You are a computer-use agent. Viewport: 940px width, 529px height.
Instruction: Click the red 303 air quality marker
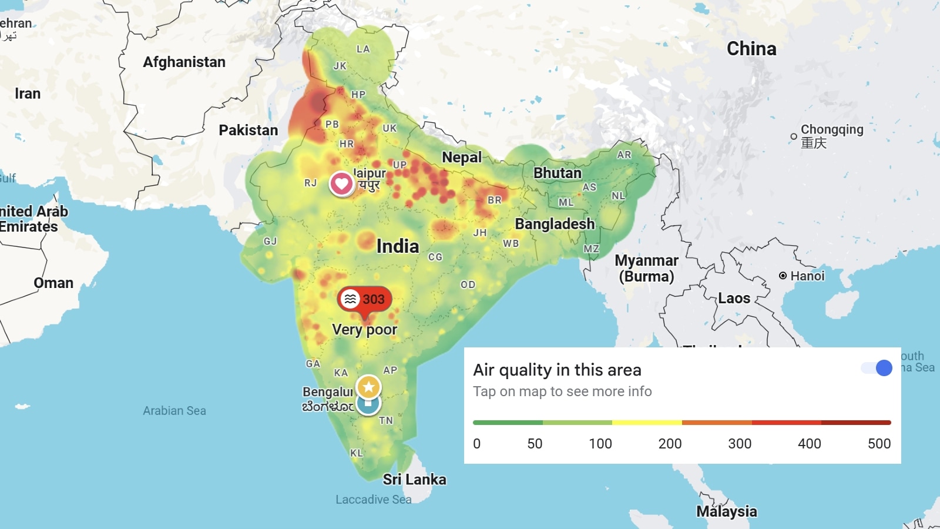364,299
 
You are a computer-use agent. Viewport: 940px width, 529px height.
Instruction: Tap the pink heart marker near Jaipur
341,184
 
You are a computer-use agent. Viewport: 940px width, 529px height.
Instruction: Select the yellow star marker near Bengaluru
368,387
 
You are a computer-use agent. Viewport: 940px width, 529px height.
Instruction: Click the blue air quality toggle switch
877,368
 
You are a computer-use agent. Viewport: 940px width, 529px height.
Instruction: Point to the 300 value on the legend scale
739,444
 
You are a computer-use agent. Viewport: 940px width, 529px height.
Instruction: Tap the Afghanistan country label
184,62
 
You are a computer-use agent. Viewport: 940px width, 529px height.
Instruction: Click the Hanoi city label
807,276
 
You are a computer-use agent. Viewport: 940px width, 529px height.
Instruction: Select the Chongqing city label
831,130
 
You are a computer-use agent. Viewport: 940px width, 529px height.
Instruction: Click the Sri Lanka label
414,480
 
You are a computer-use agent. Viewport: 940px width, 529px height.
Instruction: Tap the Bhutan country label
557,173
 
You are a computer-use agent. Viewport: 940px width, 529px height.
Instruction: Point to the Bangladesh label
555,224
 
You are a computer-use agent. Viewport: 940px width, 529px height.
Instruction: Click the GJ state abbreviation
270,242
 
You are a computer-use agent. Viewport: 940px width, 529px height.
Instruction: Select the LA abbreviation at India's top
363,49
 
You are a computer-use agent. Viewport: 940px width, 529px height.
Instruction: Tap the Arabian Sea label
174,411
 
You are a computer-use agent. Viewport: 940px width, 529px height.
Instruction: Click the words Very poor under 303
364,330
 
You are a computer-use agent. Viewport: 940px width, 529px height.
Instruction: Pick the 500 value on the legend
879,444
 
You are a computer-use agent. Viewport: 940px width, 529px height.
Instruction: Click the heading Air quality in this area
557,370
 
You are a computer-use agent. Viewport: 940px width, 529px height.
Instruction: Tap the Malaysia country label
726,511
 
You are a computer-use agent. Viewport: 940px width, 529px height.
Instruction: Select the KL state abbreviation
356,453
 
